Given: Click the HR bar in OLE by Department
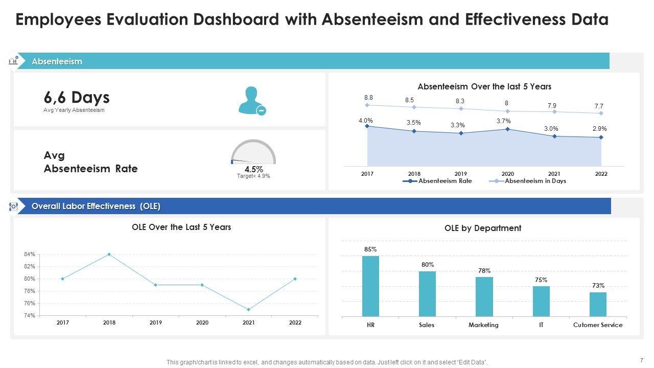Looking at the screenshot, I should pyautogui.click(x=370, y=286).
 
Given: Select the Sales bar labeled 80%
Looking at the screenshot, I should pyautogui.click(x=427, y=294).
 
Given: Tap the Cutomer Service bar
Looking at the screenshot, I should pyautogui.click(x=598, y=304).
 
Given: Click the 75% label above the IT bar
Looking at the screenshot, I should pyautogui.click(x=541, y=280).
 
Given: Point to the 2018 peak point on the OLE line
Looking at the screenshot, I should pyautogui.click(x=109, y=254).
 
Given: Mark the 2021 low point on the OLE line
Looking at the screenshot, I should pyautogui.click(x=248, y=309).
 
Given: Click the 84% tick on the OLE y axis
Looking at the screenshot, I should pyautogui.click(x=29, y=255).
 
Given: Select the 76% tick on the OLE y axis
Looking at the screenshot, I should pyautogui.click(x=29, y=304).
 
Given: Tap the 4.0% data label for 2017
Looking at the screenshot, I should pyautogui.click(x=365, y=121).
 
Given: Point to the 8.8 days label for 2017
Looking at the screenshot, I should pyautogui.click(x=368, y=98).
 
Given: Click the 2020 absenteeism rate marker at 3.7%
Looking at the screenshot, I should pyautogui.click(x=507, y=129).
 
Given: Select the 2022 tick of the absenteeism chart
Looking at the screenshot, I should pyautogui.click(x=601, y=174).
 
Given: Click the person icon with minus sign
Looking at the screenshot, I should pyautogui.click(x=252, y=100).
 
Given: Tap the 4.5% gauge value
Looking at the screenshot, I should pyautogui.click(x=253, y=169).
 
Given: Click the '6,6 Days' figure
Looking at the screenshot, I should pyautogui.click(x=77, y=97).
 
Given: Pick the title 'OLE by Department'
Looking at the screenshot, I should pyautogui.click(x=483, y=228).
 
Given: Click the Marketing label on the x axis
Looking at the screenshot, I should pyautogui.click(x=483, y=325).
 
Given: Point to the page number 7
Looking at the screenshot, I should pyautogui.click(x=641, y=360).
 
